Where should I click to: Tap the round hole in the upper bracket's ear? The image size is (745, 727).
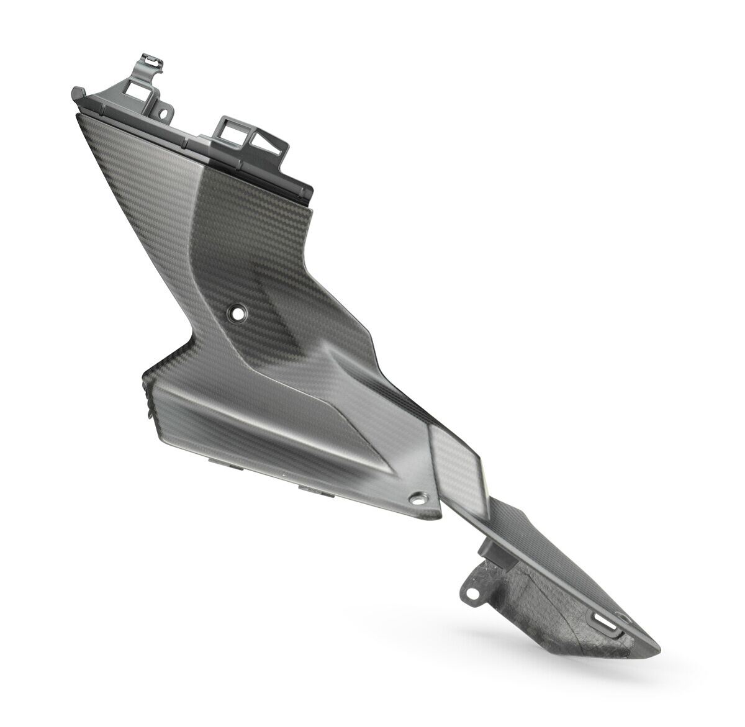(164, 114)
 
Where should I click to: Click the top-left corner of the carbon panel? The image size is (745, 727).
(77, 115)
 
